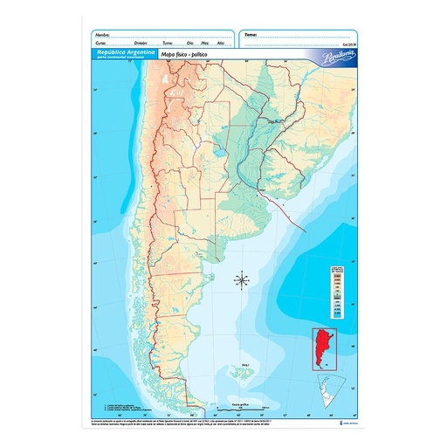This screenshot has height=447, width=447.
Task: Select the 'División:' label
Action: click(141, 42)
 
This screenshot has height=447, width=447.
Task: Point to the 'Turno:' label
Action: click(168, 42)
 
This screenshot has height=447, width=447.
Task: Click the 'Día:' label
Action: click(191, 42)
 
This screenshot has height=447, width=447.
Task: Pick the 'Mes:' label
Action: click(205, 42)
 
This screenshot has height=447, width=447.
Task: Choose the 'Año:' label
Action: click(220, 42)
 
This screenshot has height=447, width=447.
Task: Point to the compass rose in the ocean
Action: click(243, 280)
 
